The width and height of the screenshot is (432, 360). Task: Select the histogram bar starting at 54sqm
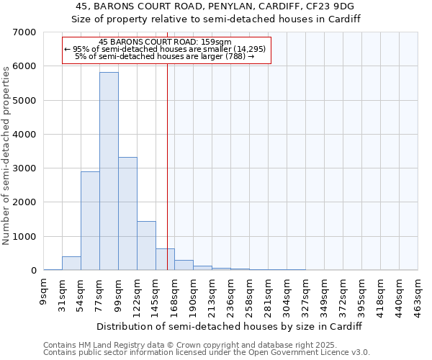click(x=90, y=221)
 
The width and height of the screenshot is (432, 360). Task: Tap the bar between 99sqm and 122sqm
click(x=127, y=214)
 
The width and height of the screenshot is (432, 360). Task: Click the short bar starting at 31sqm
click(x=71, y=264)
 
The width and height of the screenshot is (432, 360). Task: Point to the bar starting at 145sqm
click(x=165, y=259)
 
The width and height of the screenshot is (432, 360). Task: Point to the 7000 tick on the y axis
click(x=25, y=32)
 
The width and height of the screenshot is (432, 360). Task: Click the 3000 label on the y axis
click(x=25, y=168)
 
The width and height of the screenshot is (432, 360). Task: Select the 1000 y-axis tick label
click(x=25, y=237)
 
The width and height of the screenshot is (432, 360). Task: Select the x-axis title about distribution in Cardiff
click(x=230, y=326)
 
